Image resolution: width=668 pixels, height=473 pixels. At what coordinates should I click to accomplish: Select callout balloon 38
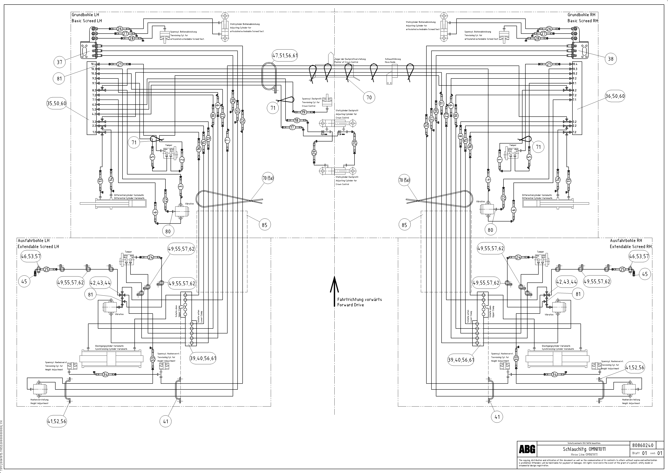[x=610, y=59]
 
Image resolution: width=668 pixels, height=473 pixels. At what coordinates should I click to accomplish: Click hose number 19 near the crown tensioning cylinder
[x=303, y=112]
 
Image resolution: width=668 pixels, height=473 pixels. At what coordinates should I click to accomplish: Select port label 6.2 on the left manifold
[x=94, y=105]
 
